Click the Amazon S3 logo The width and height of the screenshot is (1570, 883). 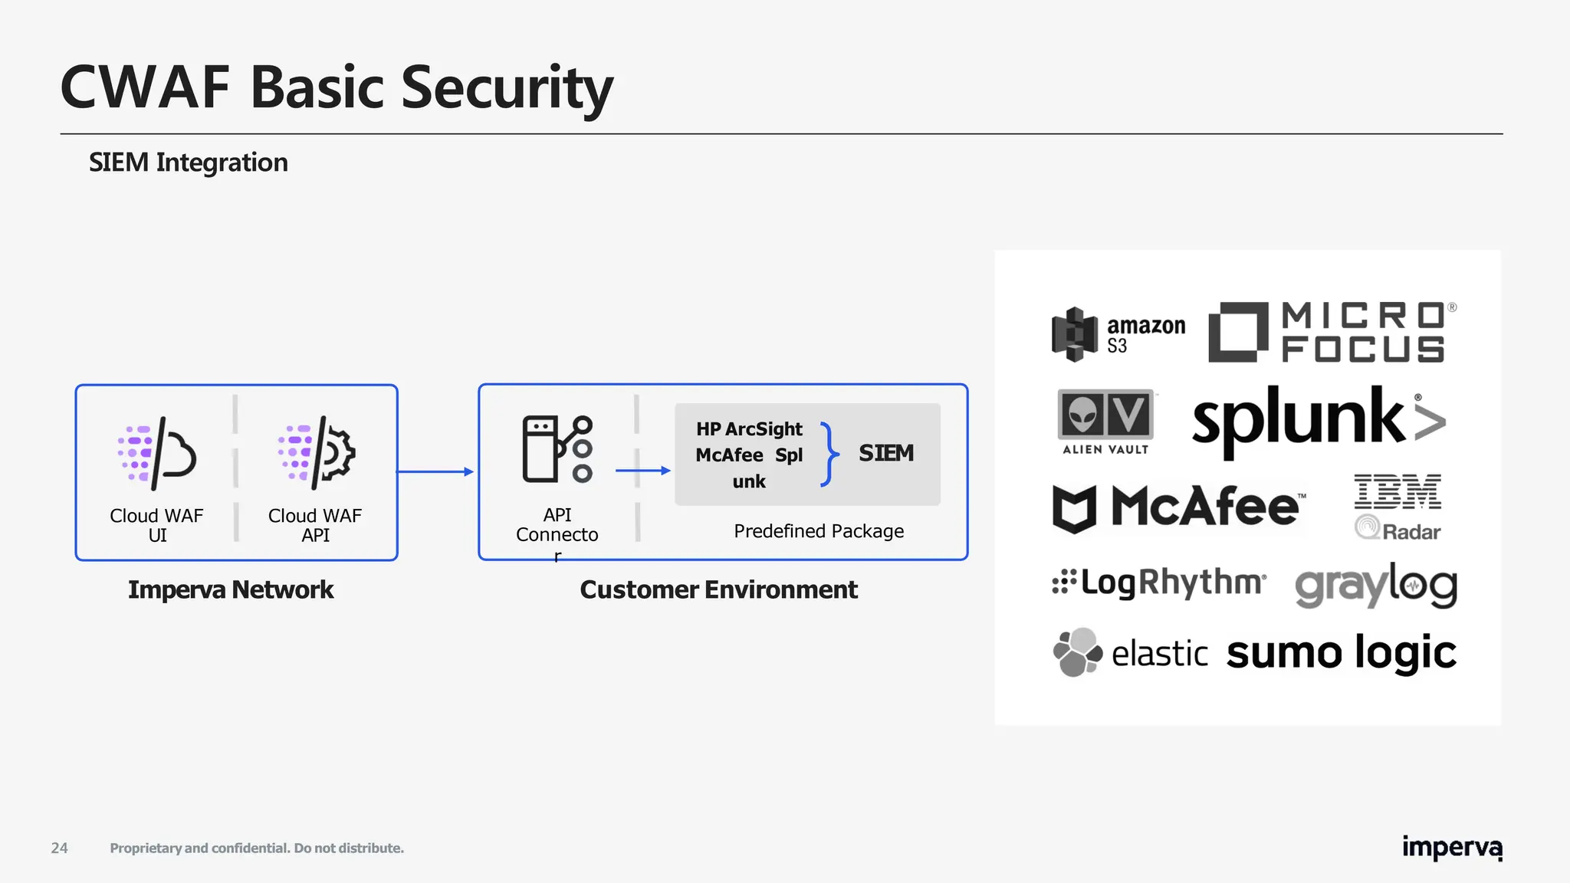(1118, 334)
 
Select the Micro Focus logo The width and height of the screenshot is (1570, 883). (1332, 332)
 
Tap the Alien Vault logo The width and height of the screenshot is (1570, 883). (1105, 422)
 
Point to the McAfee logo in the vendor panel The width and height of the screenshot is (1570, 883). (1177, 507)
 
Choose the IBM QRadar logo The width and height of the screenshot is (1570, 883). (1397, 507)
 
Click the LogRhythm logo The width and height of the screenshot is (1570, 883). (1158, 583)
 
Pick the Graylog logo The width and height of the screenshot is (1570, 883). (1376, 586)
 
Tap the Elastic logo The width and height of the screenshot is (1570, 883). (1130, 653)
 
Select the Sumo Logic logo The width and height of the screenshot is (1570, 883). (1341, 653)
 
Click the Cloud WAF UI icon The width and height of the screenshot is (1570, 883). (157, 454)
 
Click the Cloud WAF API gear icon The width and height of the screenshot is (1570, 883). (317, 454)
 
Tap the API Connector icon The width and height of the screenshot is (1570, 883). (557, 450)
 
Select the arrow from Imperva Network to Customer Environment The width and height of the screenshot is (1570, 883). (435, 471)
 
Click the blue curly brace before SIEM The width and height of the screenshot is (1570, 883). (828, 454)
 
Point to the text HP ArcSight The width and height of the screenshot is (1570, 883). (749, 429)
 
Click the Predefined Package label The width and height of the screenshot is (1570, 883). (819, 531)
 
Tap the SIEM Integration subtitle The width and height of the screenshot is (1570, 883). (189, 162)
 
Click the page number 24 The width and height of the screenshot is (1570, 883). (59, 848)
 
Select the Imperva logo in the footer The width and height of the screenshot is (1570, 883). (1452, 848)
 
